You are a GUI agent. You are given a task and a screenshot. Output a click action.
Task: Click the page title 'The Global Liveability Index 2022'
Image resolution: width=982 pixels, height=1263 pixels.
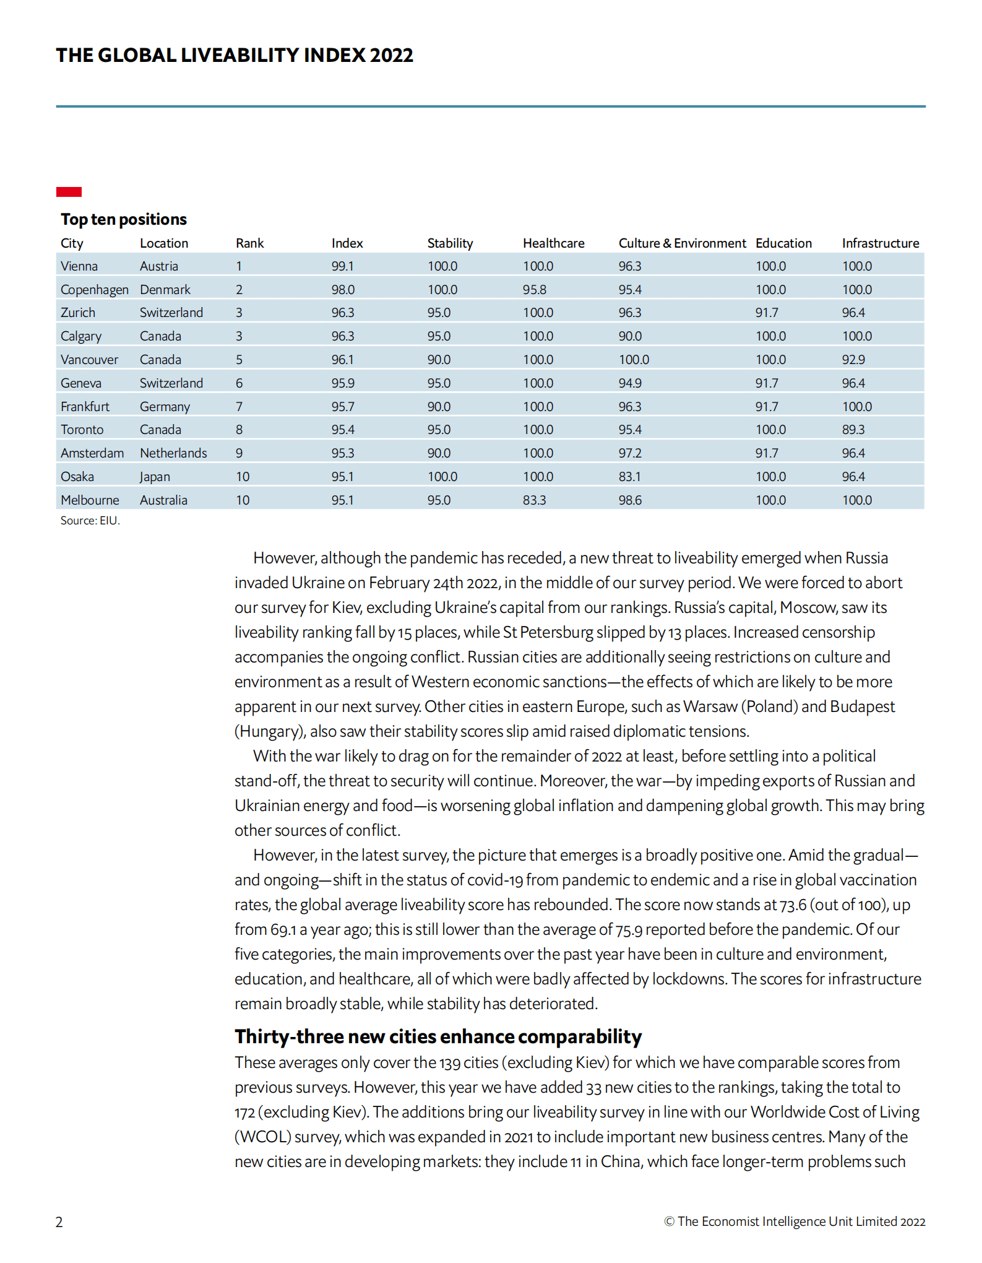[235, 55]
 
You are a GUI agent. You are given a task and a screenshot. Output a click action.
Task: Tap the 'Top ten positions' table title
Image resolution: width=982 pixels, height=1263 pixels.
[124, 219]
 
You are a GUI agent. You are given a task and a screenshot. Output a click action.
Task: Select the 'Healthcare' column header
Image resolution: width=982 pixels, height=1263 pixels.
[553, 243]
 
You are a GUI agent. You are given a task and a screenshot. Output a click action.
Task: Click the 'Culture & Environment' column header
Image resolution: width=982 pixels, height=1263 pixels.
[682, 243]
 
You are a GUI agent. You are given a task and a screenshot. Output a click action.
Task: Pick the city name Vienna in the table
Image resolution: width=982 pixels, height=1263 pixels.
[79, 266]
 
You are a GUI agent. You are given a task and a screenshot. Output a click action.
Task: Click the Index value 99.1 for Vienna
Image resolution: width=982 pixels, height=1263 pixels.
[342, 266]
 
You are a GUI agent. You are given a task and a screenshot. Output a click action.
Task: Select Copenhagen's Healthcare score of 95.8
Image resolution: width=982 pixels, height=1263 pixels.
[534, 290]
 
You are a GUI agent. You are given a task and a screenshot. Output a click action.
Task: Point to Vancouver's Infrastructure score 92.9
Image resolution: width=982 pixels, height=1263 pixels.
[853, 360]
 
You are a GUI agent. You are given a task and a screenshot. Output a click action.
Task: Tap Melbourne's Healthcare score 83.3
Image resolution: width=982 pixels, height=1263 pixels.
[534, 500]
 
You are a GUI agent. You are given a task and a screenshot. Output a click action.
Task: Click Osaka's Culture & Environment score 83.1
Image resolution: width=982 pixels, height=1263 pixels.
[630, 477]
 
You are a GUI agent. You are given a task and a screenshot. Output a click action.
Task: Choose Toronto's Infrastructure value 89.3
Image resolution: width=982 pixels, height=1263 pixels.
[853, 430]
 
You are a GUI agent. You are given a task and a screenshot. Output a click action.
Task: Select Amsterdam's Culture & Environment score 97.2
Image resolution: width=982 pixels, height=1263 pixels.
[630, 453]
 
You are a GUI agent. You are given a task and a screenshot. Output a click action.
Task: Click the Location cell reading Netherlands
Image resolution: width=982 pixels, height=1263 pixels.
[173, 453]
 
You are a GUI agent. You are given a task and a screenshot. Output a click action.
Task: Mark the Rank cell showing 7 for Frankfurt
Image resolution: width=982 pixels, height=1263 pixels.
[239, 407]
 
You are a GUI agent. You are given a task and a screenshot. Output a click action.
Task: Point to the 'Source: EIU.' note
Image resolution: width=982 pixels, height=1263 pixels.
[90, 521]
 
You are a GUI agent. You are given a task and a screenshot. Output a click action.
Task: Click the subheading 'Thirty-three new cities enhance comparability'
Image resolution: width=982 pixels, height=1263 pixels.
[438, 1036]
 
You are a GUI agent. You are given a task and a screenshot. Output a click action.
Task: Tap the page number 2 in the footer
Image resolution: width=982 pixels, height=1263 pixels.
[59, 1222]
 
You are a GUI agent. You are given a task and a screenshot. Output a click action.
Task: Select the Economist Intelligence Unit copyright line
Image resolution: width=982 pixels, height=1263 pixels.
[795, 1222]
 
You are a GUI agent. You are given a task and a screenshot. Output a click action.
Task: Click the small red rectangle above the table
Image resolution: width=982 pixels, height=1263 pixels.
[69, 192]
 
